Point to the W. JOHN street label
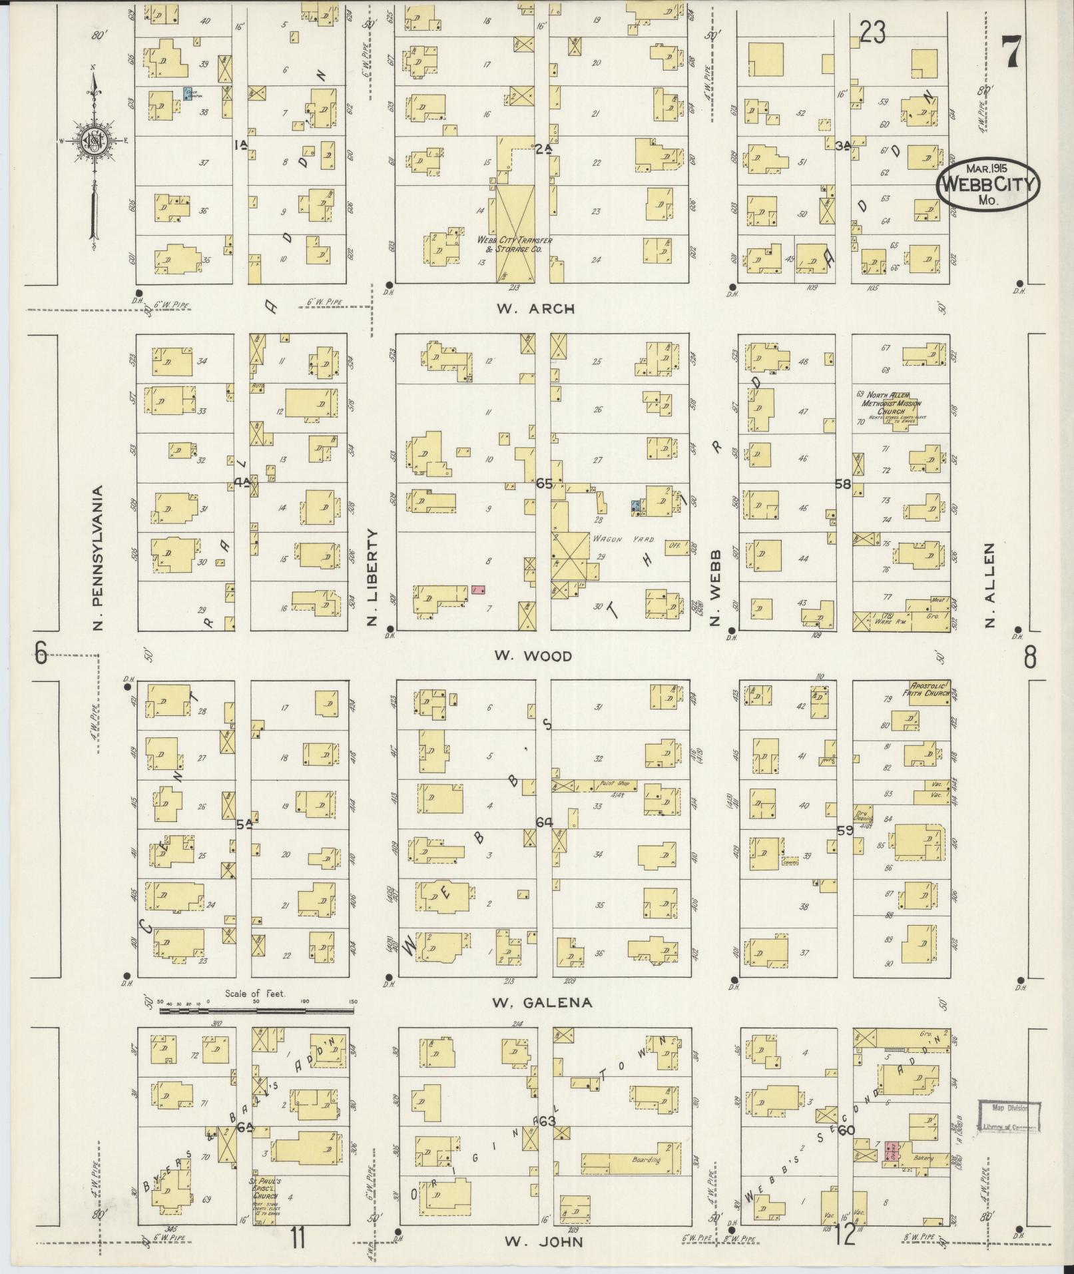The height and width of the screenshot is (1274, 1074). click(x=543, y=1241)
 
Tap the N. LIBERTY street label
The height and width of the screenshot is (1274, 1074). click(x=372, y=577)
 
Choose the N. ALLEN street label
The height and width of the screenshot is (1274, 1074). click(x=990, y=585)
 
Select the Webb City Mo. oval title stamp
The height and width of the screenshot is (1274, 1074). click(x=988, y=184)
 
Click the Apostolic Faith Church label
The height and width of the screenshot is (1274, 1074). click(x=929, y=689)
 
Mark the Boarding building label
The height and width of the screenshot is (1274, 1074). click(x=645, y=1159)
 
